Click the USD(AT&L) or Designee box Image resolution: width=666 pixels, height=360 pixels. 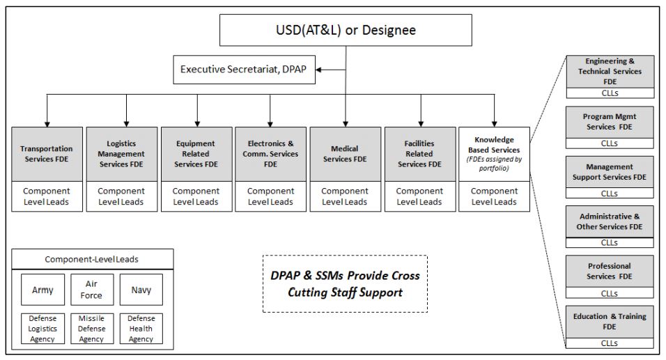346,31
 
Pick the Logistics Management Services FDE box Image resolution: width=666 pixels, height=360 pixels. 122,153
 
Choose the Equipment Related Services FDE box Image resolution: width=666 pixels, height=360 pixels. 196,153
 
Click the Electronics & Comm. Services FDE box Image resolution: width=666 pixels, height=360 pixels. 271,153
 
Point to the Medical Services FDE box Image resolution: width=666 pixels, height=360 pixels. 345,153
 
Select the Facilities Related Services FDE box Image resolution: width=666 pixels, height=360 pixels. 419,153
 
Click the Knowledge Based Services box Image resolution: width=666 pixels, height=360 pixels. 494,153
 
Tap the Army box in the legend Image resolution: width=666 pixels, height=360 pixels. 42,290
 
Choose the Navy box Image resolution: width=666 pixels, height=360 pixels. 141,290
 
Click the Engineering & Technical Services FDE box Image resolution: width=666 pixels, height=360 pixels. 609,72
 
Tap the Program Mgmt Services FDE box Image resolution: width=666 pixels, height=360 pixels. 609,122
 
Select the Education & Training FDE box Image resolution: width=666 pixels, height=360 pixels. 609,321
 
